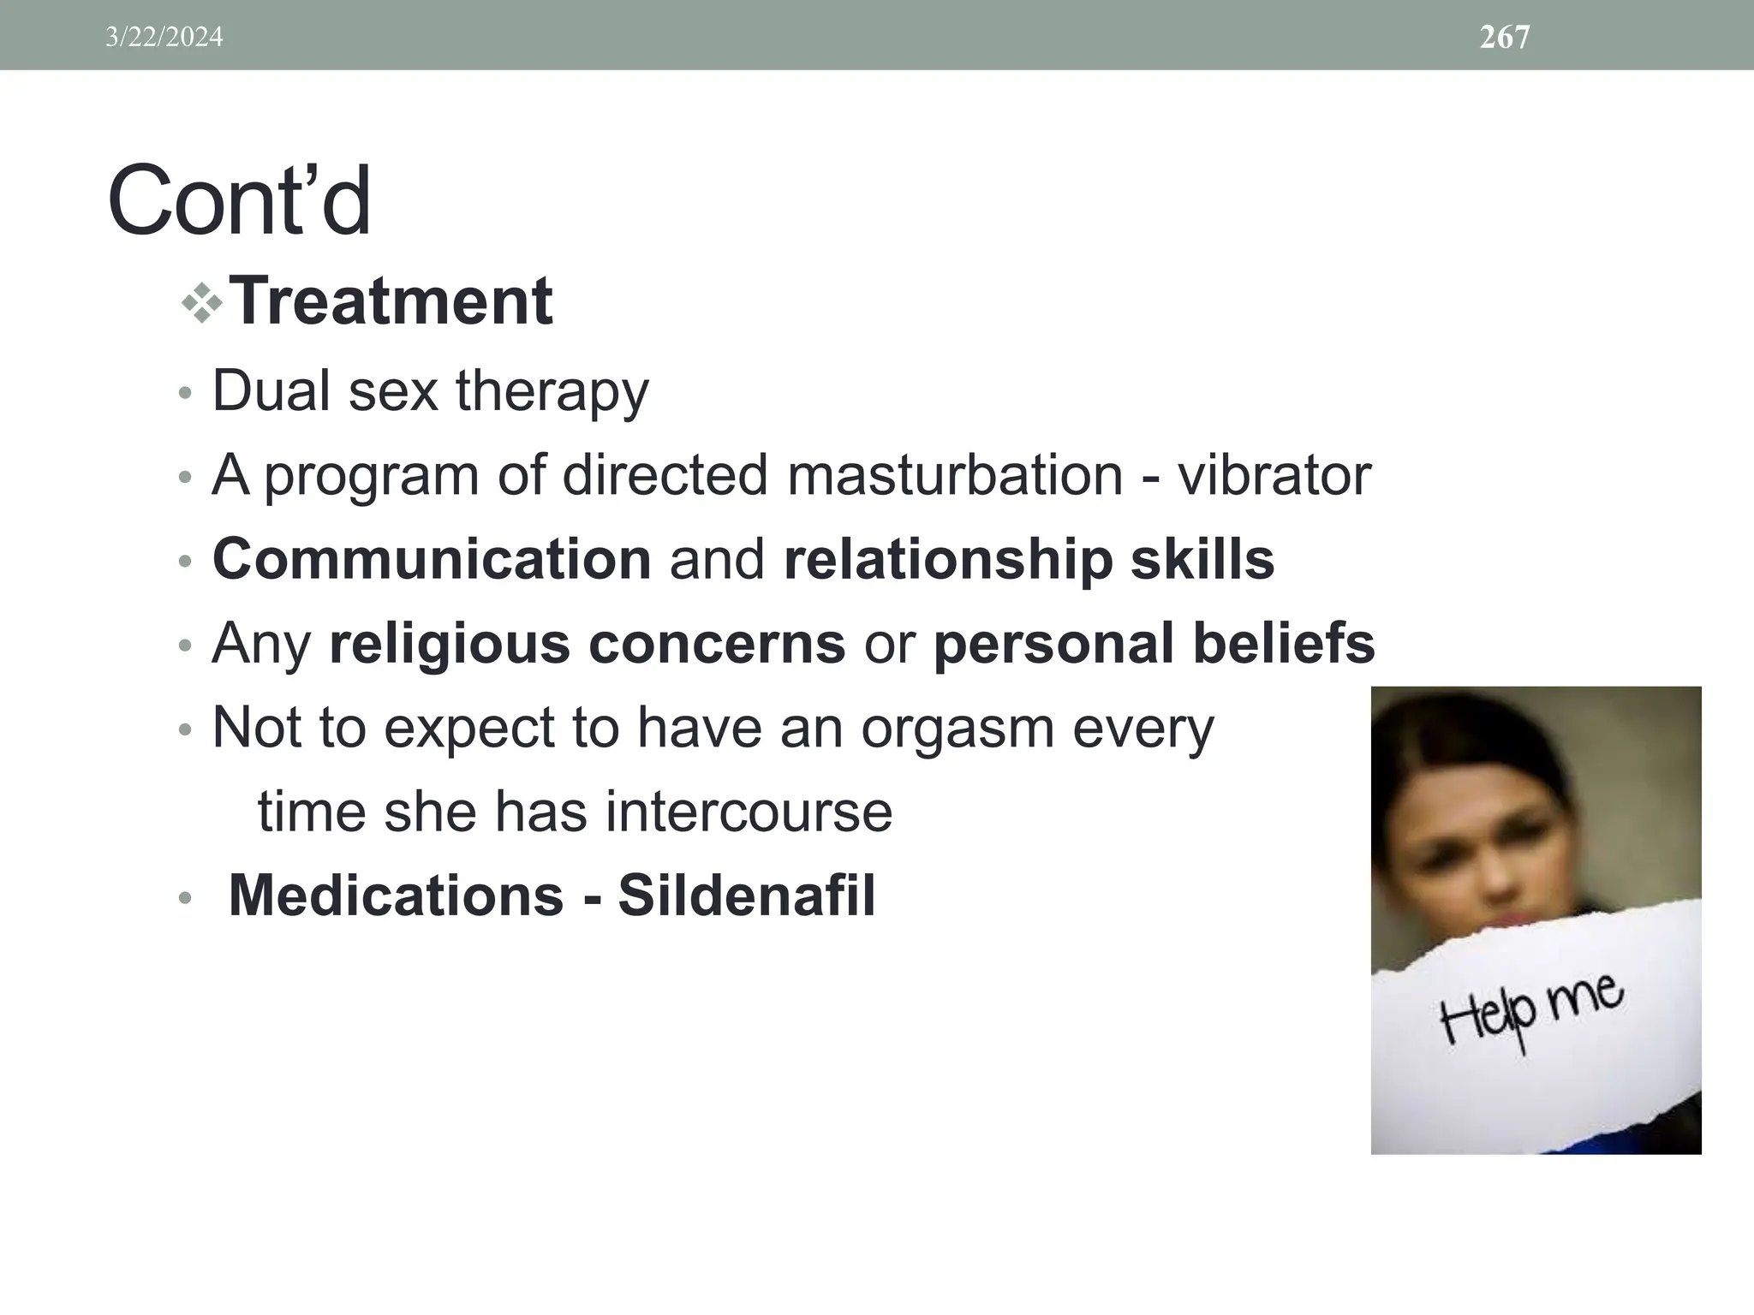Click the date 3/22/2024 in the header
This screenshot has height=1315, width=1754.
click(x=164, y=37)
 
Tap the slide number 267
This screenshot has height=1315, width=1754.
click(x=1504, y=37)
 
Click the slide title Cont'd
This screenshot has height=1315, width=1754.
click(x=239, y=202)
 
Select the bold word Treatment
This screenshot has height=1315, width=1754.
click(x=391, y=301)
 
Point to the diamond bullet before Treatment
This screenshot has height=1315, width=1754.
click(x=202, y=303)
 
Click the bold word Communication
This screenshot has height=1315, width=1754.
click(x=432, y=559)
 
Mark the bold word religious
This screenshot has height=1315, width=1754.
click(x=450, y=643)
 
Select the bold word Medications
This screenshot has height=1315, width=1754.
click(x=396, y=896)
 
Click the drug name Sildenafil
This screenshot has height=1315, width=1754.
click(x=746, y=896)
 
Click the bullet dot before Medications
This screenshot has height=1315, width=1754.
click(x=184, y=899)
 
